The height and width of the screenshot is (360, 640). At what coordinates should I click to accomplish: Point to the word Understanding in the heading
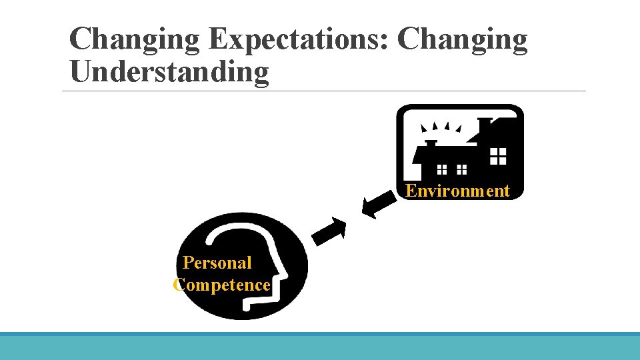coord(169,72)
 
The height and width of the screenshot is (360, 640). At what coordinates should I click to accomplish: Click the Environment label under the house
coord(458,191)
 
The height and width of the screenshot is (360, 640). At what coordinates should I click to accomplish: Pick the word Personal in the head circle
coord(217,263)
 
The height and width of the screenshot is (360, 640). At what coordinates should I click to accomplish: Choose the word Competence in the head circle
coord(222,285)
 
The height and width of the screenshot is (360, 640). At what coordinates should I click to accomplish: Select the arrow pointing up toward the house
coord(329,229)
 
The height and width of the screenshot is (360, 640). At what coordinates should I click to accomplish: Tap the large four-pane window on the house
coord(498,157)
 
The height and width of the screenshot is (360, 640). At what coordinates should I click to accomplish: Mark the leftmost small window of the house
coord(441,169)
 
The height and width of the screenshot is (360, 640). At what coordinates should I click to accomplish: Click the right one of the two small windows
coord(461,169)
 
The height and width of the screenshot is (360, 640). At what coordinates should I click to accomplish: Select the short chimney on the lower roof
coord(431,144)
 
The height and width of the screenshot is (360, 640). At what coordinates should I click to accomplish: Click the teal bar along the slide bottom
coord(320,347)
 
